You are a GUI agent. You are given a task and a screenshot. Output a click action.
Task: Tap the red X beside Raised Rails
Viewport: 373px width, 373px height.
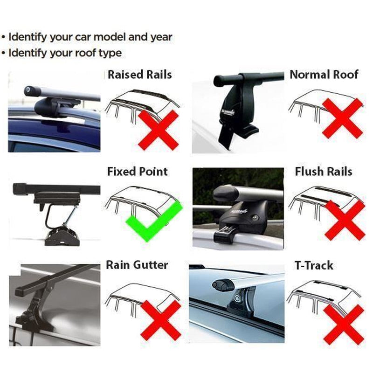pyautogui.click(x=158, y=130)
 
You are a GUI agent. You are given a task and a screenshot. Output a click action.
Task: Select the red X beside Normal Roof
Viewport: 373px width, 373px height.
pyautogui.click(x=342, y=118)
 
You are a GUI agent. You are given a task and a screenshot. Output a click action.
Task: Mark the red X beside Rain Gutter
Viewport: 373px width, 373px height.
pyautogui.click(x=161, y=320)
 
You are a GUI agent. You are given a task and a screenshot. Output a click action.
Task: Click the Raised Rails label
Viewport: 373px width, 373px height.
pyautogui.click(x=139, y=75)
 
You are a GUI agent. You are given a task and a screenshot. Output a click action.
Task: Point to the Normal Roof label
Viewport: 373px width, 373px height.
pyautogui.click(x=324, y=75)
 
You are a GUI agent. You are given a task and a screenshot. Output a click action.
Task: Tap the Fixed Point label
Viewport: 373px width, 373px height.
pyautogui.click(x=138, y=172)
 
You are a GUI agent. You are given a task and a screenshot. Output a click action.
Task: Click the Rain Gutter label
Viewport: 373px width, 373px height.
pyautogui.click(x=137, y=265)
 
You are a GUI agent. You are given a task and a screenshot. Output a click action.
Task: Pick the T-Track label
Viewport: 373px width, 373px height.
pyautogui.click(x=314, y=266)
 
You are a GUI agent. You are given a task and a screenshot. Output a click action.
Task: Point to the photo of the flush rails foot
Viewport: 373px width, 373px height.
pyautogui.click(x=238, y=208)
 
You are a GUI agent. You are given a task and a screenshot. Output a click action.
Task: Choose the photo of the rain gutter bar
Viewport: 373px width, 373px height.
pyautogui.click(x=54, y=304)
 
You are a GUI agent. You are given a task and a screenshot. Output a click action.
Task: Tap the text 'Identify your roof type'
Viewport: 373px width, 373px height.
pyautogui.click(x=65, y=53)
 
